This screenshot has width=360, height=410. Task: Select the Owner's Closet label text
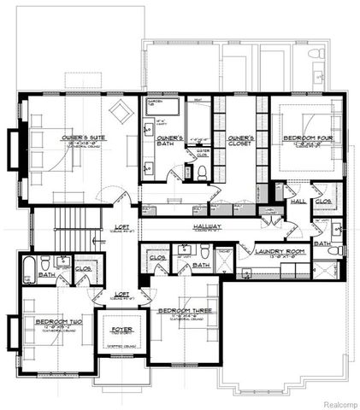231,140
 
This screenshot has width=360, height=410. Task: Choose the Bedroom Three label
183,312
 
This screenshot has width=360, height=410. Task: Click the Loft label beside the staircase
122,226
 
